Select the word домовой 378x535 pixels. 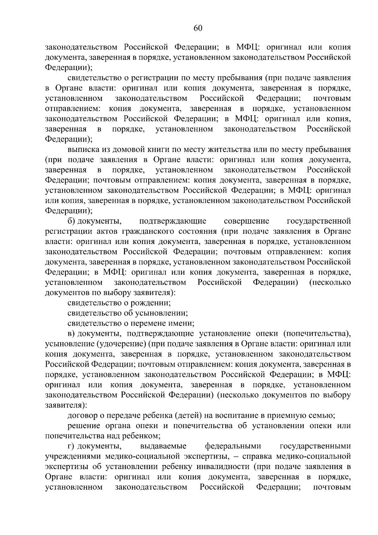pyautogui.click(x=123, y=149)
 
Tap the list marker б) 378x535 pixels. pyautogui.click(x=72, y=221)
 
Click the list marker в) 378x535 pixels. pyautogui.click(x=72, y=334)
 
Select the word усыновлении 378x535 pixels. pyautogui.click(x=163, y=313)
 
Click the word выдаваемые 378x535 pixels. pyautogui.click(x=163, y=446)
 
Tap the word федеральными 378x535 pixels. pyautogui.click(x=233, y=446)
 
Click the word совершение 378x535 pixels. pyautogui.click(x=246, y=221)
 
